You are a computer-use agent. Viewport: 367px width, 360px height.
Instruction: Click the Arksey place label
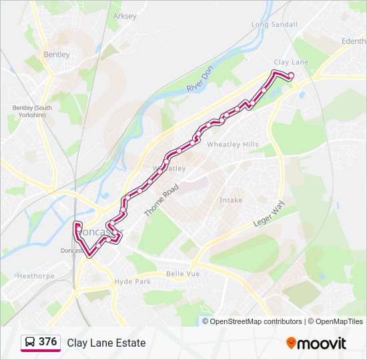(x=125, y=16)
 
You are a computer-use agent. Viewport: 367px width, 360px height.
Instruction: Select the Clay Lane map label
(x=291, y=62)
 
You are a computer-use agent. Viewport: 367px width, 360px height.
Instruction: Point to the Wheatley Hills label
(x=233, y=145)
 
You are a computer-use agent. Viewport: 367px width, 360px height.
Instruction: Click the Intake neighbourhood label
(x=231, y=200)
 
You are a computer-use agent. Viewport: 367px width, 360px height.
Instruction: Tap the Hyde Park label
(x=132, y=282)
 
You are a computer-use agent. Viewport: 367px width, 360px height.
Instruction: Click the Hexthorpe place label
(x=35, y=275)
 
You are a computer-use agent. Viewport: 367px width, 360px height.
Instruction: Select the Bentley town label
(x=57, y=55)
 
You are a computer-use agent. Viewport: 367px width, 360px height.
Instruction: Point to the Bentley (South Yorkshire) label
(x=32, y=111)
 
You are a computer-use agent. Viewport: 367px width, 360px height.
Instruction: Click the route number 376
(x=47, y=342)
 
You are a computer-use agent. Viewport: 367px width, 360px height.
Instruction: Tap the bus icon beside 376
(x=30, y=343)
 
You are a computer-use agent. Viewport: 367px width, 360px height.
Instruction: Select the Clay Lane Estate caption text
(x=106, y=343)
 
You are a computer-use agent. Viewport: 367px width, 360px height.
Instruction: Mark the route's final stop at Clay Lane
(x=291, y=75)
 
